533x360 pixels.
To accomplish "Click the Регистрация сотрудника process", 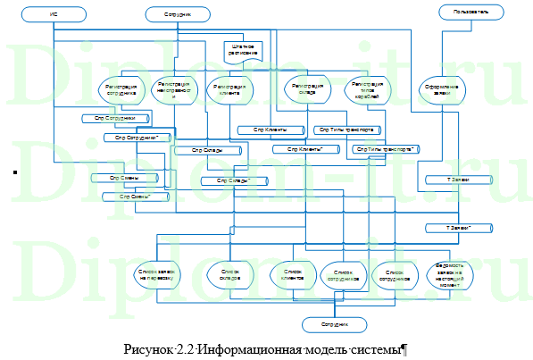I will [120, 88].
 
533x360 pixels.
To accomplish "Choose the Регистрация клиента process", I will [230, 88].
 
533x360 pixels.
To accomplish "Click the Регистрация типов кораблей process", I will [363, 88].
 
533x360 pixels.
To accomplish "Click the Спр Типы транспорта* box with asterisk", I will [387, 149].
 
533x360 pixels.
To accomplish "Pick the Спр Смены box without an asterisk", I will [123, 179].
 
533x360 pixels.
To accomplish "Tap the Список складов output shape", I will [229, 273].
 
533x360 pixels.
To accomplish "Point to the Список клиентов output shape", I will [293, 273].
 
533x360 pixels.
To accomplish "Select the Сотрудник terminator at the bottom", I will [334, 322].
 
